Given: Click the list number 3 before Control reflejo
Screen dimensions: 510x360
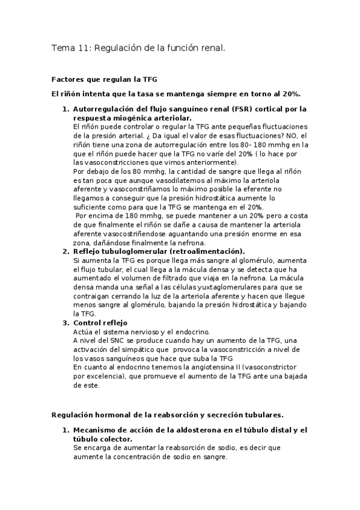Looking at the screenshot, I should (66, 323).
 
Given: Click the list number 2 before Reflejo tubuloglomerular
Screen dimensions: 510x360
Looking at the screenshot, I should (66, 251).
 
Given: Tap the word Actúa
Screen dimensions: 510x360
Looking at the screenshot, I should (84, 331).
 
